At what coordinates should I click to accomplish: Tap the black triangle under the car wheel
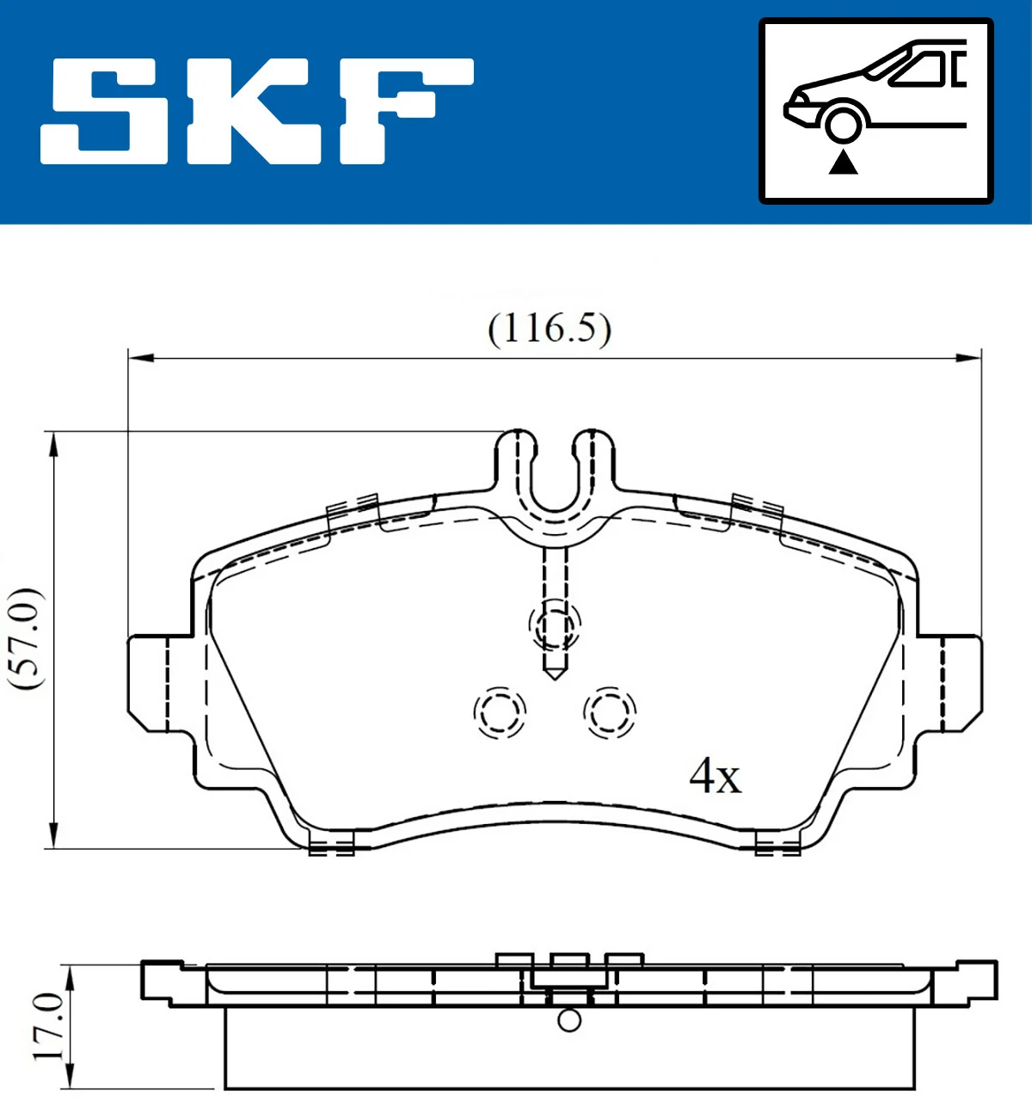[x=843, y=161]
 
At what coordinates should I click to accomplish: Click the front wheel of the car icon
[x=842, y=123]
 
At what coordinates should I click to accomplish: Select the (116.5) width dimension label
[x=550, y=329]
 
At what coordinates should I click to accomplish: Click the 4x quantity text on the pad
[x=715, y=777]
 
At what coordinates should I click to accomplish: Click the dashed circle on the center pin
[x=555, y=624]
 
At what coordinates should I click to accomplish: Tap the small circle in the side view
[x=569, y=1020]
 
